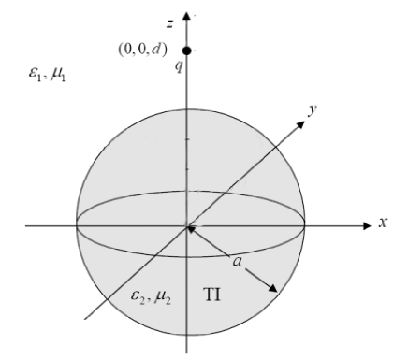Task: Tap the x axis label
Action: pos(383,224)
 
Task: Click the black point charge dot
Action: pos(188,50)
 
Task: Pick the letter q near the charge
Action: pos(172,66)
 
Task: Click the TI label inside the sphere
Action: pos(211,295)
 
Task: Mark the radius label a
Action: pos(238,265)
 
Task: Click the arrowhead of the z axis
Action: pos(188,16)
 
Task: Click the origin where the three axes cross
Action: pos(188,225)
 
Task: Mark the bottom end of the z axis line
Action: pos(188,352)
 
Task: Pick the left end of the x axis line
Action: pos(26,225)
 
